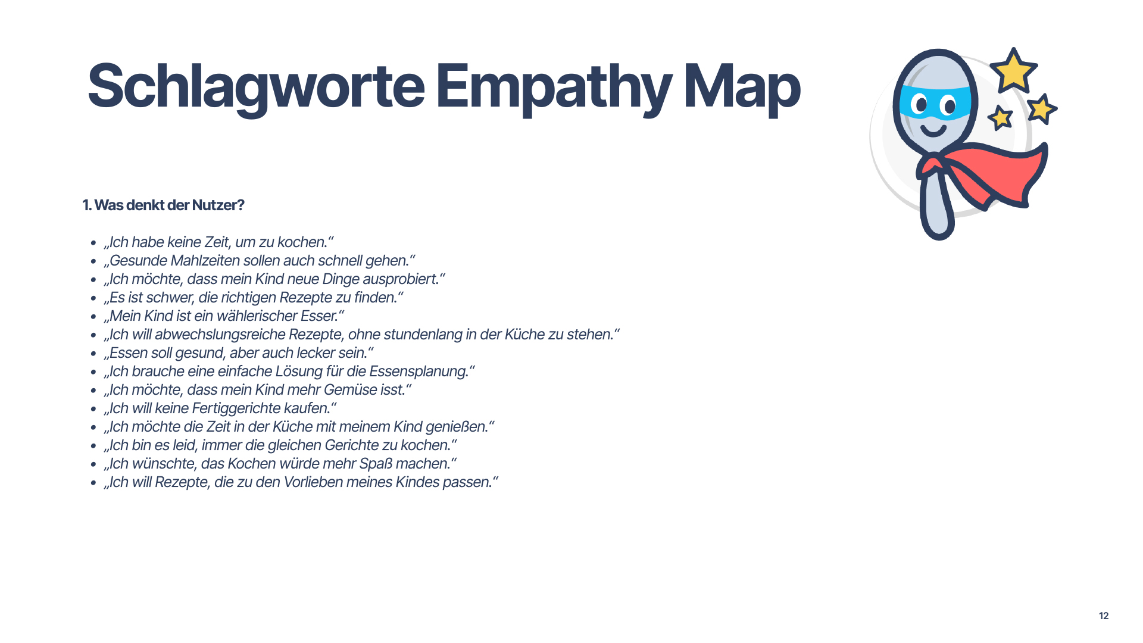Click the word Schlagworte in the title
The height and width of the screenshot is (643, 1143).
256,88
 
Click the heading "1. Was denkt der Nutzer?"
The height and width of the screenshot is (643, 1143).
163,205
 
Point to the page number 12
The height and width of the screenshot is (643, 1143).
1104,616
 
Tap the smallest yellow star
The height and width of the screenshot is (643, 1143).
1000,117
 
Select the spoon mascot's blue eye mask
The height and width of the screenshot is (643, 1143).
935,102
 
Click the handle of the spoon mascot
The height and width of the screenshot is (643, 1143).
937,205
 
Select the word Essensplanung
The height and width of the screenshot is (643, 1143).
418,372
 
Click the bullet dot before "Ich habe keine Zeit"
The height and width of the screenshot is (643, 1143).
93,243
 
